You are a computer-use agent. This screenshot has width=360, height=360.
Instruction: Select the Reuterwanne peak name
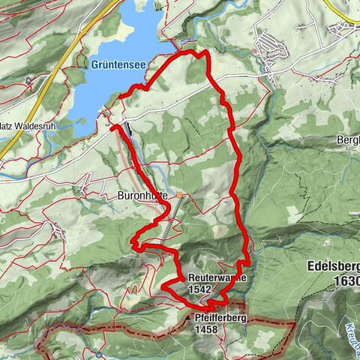click(217, 277)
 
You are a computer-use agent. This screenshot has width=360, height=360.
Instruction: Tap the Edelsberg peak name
click(334, 266)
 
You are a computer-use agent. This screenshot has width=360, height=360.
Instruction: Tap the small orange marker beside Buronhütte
click(179, 196)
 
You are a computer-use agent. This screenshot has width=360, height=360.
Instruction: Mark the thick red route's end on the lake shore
click(120, 95)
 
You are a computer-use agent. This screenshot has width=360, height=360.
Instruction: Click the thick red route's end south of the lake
click(112, 128)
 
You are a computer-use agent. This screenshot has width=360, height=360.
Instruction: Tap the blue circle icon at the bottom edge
click(99, 353)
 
